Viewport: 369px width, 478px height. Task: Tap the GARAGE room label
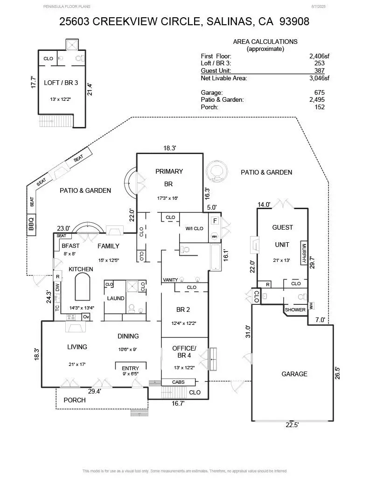294,374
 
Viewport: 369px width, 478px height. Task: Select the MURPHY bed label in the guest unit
304,254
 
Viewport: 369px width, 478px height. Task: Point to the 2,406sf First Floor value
316,56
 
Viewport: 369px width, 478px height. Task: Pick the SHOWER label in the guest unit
295,309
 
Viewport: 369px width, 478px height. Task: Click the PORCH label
75,400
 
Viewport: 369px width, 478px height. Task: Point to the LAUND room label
115,298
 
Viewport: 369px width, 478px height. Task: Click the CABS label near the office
178,382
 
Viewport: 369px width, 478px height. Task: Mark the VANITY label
170,280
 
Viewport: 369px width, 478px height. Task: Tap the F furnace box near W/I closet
215,220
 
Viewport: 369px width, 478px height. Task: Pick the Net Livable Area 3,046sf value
316,78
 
